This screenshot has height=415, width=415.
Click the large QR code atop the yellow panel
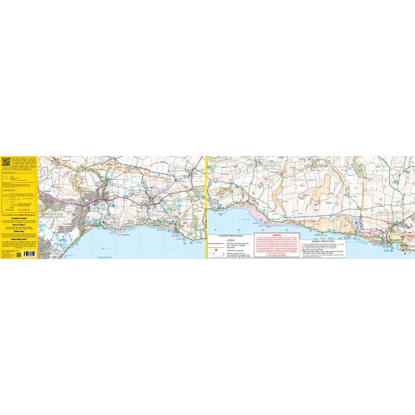pos(6,161)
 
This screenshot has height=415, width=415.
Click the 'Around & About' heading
pos(19,218)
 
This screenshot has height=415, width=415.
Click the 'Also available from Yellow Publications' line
pos(19,214)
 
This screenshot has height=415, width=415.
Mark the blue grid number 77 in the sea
pos(263,230)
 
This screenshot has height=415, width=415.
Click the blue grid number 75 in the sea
pos(216,230)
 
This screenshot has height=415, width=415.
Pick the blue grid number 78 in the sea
pos(287,230)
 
